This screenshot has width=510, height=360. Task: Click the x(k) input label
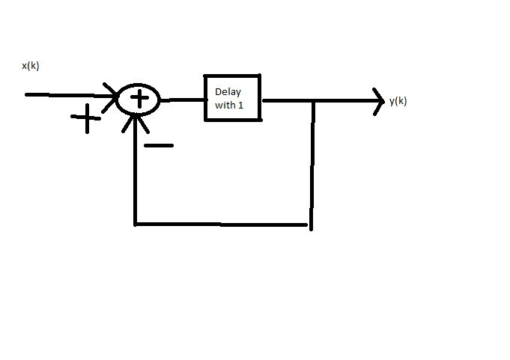(x=30, y=66)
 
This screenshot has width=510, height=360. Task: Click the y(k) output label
(x=398, y=101)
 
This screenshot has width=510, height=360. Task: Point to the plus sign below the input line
(x=87, y=118)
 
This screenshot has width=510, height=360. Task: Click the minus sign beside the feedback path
(x=158, y=145)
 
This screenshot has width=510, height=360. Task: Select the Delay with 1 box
(x=233, y=97)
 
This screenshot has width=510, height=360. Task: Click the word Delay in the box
(x=228, y=92)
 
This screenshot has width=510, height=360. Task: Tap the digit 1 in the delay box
(x=241, y=106)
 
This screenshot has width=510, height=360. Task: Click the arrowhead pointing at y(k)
(x=377, y=101)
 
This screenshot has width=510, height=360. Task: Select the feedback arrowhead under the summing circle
(x=136, y=122)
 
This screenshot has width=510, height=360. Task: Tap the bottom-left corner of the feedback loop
(x=136, y=223)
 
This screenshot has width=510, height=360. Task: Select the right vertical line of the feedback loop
(x=312, y=165)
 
